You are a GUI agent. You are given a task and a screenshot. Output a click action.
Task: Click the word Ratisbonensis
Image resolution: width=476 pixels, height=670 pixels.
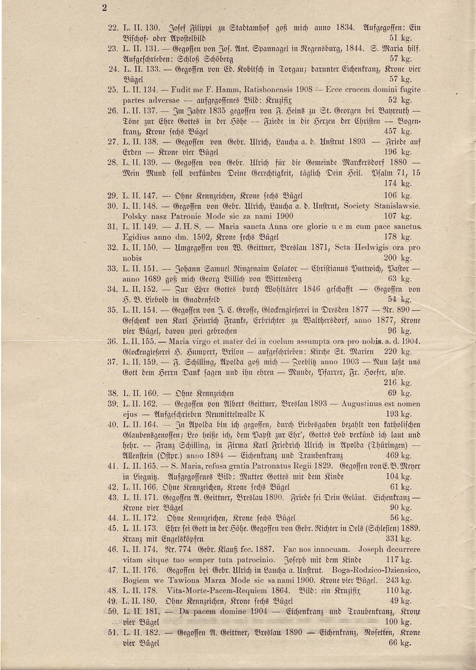(x=265, y=90)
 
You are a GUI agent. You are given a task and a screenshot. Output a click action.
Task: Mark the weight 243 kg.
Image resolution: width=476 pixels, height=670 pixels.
(x=399, y=581)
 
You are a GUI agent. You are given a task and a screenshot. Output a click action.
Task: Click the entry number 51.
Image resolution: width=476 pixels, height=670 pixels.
(x=112, y=632)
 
